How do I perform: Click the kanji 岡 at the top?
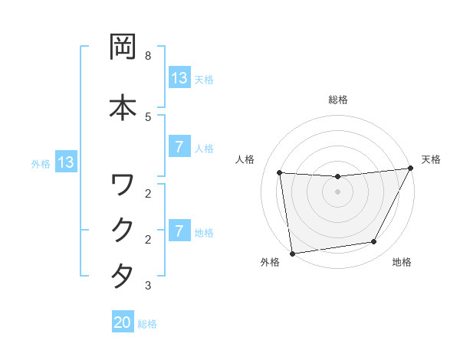(123, 47)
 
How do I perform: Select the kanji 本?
(123, 106)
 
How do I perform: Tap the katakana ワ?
(123, 184)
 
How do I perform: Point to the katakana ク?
(123, 229)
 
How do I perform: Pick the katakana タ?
(123, 275)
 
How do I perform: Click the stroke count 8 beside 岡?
(148, 56)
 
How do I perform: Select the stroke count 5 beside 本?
(148, 116)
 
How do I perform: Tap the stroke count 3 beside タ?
(148, 286)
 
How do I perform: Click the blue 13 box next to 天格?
(179, 78)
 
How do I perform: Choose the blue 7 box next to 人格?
(179, 147)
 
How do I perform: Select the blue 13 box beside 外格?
(65, 162)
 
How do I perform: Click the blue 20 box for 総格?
(123, 323)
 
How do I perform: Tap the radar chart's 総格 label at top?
(337, 100)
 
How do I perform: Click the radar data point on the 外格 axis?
(292, 253)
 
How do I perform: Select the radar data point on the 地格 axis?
(374, 242)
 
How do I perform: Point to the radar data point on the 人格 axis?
(280, 172)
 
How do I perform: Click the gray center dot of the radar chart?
(337, 191)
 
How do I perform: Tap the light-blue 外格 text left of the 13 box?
(41, 163)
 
